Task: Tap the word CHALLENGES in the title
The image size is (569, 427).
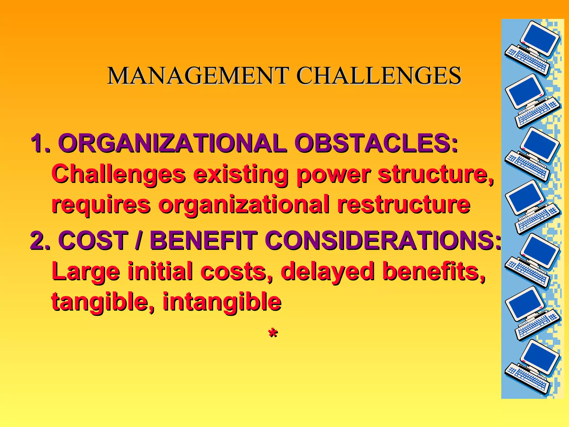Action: click(x=379, y=76)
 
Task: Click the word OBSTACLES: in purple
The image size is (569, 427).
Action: click(x=376, y=143)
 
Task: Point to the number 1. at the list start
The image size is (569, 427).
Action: click(x=41, y=143)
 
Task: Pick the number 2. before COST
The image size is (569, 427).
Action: click(x=41, y=240)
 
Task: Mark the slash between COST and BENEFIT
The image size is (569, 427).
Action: click(x=137, y=240)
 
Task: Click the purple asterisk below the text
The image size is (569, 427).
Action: click(x=273, y=333)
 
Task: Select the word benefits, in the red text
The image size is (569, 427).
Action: click(x=434, y=271)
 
